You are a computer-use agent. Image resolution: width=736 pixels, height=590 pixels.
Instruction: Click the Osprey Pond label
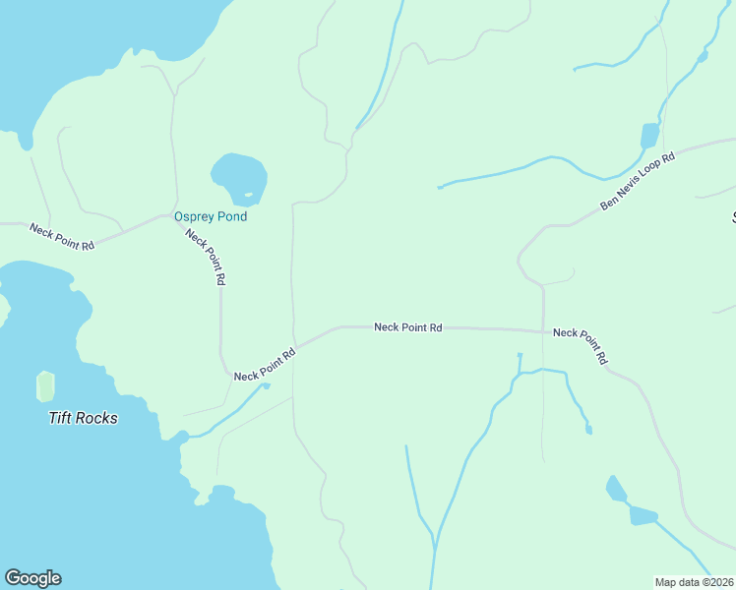click(210, 216)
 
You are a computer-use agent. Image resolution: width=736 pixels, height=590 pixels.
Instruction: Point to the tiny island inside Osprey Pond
click(248, 193)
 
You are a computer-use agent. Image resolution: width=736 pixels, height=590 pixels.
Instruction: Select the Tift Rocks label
click(84, 418)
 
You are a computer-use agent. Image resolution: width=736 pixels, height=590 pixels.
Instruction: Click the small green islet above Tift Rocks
click(45, 385)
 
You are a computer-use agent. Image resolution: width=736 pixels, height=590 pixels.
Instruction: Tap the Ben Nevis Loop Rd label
click(638, 182)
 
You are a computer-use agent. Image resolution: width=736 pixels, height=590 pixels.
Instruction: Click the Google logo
click(32, 578)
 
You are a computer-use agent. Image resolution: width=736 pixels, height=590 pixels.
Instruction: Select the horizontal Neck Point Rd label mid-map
click(407, 327)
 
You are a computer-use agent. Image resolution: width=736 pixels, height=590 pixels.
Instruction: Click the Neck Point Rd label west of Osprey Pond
click(61, 237)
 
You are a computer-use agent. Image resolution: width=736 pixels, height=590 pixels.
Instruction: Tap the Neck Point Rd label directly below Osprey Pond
click(207, 257)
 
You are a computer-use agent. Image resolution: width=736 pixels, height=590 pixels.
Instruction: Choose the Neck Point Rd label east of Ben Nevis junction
click(579, 346)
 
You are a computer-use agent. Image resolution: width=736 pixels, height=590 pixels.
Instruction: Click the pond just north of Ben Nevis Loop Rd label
click(649, 136)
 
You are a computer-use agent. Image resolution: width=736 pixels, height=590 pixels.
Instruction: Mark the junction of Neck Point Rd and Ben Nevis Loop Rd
click(543, 330)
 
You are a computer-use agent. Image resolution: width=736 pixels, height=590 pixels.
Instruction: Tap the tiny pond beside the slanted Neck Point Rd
click(266, 385)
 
